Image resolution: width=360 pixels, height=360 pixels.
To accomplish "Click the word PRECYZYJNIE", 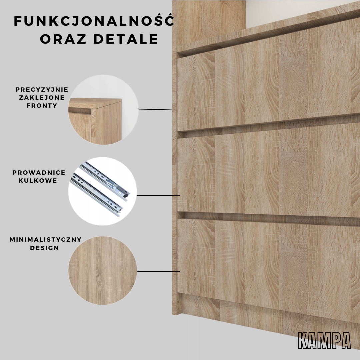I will pos(42,90).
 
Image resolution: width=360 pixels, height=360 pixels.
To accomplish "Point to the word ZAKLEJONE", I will pos(42,98).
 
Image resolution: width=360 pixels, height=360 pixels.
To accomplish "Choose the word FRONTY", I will pos(42,106).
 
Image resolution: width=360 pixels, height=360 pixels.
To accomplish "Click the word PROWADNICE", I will pos(39,173).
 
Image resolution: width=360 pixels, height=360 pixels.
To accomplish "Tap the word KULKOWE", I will pos(39,181).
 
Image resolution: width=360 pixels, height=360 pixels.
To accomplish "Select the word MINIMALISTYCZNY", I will pos(46,240).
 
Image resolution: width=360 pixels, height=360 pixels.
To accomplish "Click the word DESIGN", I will pos(44,248).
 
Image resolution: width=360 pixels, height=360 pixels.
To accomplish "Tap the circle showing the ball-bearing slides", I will pos(103,191).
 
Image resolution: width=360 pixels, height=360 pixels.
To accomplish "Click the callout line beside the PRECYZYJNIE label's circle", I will pos(155,109).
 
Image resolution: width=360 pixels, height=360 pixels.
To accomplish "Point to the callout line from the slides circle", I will pos(158,195).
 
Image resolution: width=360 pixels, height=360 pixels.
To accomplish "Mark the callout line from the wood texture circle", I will pos(159,271).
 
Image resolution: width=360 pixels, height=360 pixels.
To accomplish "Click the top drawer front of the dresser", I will pos(267,87).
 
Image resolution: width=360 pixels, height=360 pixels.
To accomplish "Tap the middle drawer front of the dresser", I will pos(267,172).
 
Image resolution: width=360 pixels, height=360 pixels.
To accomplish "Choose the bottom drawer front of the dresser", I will pos(267,263).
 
